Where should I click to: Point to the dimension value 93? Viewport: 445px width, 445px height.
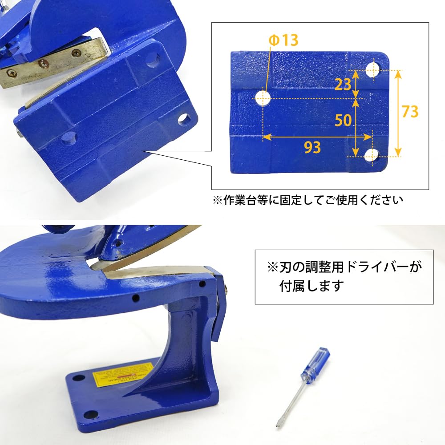(x=312, y=147)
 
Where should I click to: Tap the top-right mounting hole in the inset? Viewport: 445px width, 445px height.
(x=373, y=69)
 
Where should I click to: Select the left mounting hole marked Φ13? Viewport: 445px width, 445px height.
(x=264, y=98)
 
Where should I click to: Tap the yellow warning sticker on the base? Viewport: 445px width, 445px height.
(x=123, y=373)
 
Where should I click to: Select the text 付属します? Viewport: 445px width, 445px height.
(x=311, y=285)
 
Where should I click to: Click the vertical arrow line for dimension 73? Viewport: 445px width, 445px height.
(x=397, y=113)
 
